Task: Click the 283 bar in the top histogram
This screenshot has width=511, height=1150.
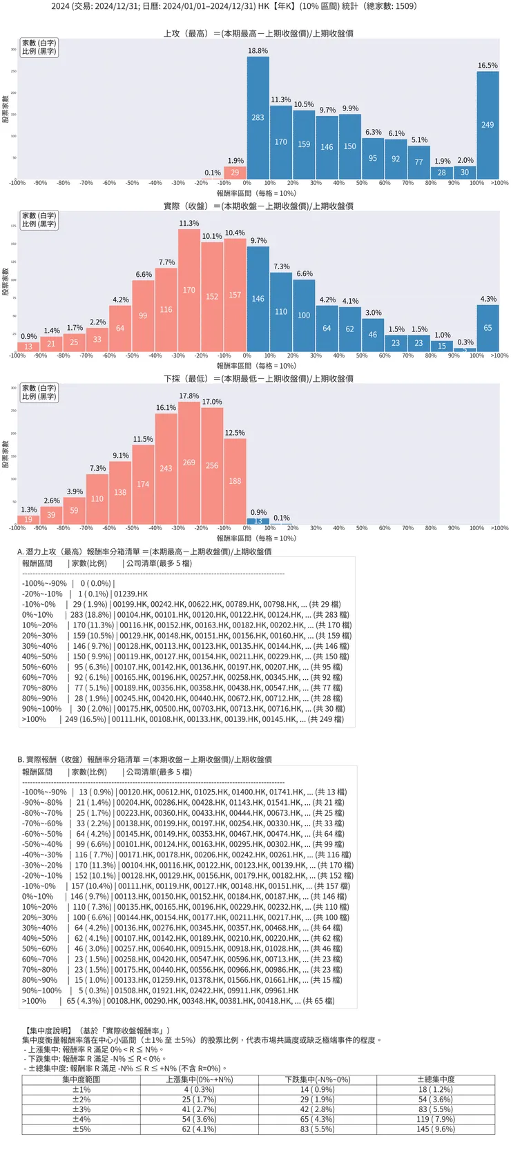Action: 258,117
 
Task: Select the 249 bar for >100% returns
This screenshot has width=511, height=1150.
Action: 488,125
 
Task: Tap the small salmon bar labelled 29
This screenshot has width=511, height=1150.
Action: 235,173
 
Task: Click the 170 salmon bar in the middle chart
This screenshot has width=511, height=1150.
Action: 189,290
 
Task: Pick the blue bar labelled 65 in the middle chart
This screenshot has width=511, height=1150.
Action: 488,328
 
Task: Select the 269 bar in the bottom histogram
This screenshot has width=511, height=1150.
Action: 189,462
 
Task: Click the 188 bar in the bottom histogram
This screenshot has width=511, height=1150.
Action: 235,481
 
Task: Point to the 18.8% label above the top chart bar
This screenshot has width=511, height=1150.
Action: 258,51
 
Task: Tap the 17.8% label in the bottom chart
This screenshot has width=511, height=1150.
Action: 189,396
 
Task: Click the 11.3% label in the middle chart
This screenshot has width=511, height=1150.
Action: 189,224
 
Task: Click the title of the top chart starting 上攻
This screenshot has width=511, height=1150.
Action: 258,33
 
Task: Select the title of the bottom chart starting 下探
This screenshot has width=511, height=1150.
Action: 258,378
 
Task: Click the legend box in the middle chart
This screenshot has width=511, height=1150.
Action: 39,220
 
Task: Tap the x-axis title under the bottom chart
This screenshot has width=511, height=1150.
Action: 256,538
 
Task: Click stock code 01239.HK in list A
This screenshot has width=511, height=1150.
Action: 131,594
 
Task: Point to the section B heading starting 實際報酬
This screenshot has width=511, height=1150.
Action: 144,759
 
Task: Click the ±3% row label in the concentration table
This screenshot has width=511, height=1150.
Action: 81,1109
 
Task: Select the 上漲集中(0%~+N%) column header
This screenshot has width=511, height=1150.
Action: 199,1080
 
